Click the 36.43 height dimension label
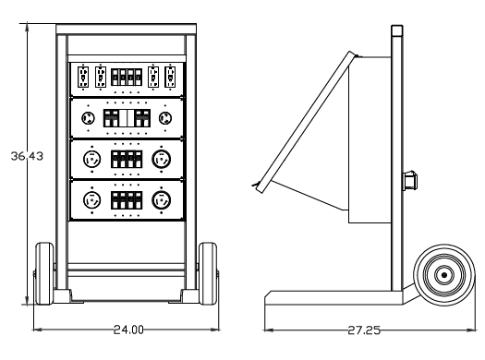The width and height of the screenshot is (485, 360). tap(27, 156)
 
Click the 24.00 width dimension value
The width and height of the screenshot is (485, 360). tap(128, 330)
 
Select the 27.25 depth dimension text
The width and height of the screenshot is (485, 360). tap(364, 330)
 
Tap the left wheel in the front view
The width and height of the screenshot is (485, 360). tap(44, 273)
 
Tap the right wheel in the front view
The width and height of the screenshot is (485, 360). tap(208, 273)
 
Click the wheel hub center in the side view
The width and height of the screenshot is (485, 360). tap(444, 275)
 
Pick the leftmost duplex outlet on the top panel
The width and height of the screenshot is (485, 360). tap(83, 77)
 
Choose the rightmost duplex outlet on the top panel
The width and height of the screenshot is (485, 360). tap(170, 77)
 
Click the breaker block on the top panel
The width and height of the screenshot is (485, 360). tap(127, 77)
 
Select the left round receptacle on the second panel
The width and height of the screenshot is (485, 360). tap(88, 118)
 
